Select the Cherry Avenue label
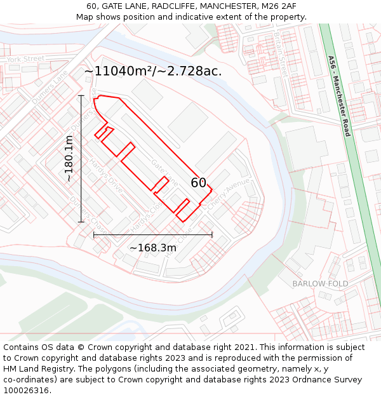[x=228, y=193]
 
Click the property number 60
[x=199, y=183]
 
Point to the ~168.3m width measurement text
[x=153, y=248]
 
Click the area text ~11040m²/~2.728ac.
[x=153, y=71]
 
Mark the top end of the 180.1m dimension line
[x=81, y=95]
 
